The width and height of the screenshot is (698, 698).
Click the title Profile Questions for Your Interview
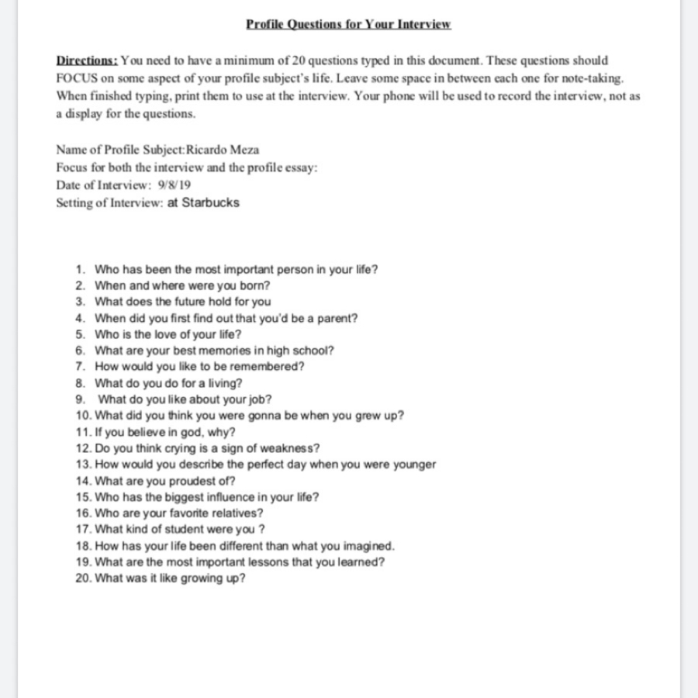click(348, 24)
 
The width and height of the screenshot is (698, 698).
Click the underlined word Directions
click(86, 60)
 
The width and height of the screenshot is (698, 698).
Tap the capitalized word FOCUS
click(75, 78)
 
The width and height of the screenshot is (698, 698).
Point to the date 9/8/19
click(175, 185)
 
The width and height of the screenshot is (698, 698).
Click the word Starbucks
click(210, 203)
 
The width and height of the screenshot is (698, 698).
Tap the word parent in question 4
click(336, 318)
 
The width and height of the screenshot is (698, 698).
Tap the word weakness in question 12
click(291, 448)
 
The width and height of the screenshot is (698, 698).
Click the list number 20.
click(83, 579)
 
